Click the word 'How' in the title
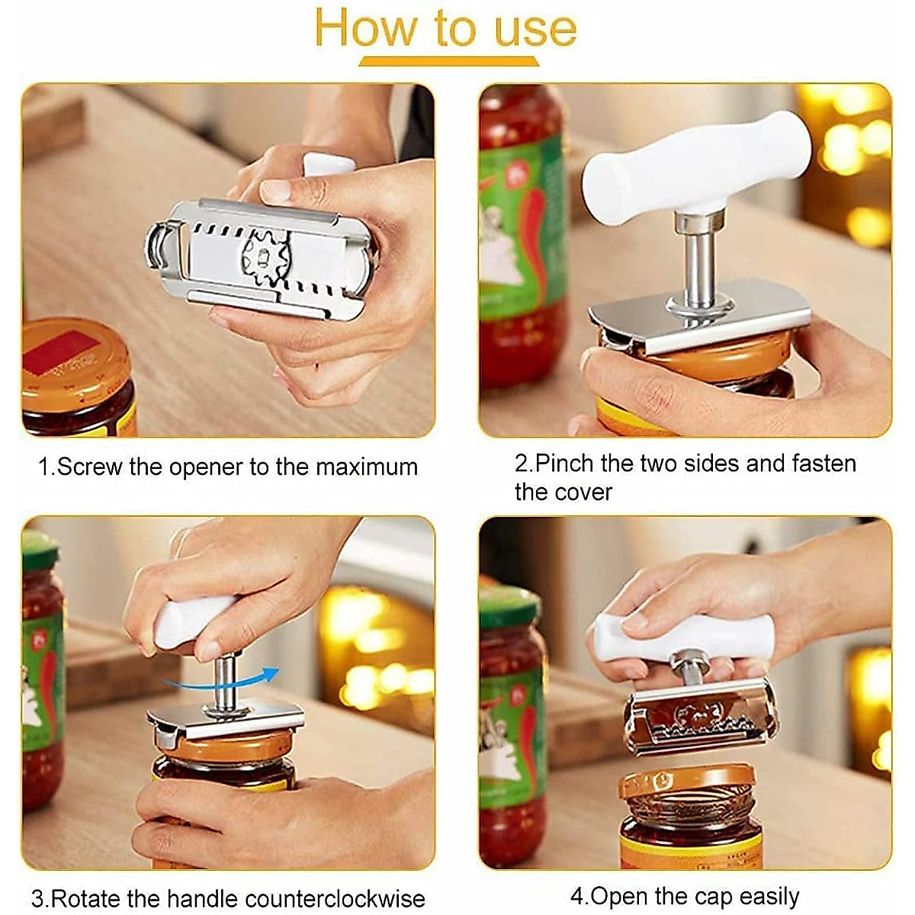pos(367,28)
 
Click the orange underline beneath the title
pos(448,62)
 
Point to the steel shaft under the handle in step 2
pos(695,263)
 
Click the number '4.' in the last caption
pos(579,896)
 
